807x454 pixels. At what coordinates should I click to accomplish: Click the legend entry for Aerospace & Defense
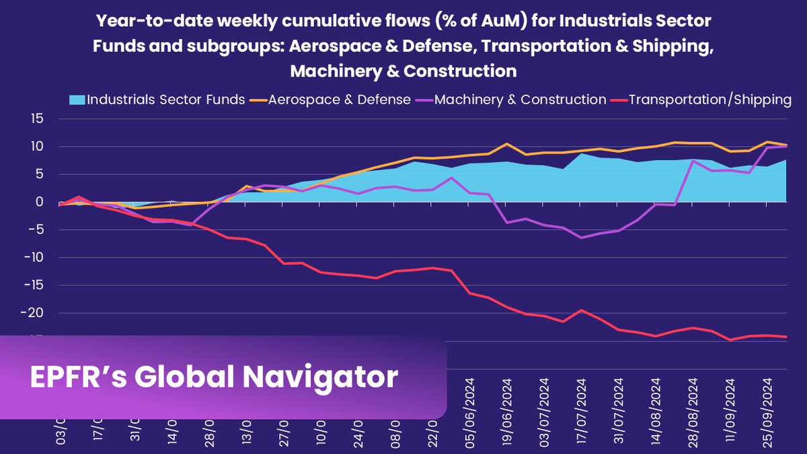click(x=339, y=100)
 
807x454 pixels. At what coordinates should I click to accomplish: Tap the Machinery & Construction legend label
click(x=520, y=100)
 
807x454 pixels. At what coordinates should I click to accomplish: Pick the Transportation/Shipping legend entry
click(x=709, y=100)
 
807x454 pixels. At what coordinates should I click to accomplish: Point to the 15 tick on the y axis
click(x=36, y=119)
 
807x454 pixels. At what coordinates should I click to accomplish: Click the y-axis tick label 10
click(x=36, y=147)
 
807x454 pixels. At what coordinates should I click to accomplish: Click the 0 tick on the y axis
click(x=39, y=202)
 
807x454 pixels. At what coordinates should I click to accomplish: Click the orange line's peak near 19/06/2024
click(x=506, y=143)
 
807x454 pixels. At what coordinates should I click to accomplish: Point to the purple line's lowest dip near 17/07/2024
click(x=581, y=237)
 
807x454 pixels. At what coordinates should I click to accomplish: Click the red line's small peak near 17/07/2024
click(x=581, y=310)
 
